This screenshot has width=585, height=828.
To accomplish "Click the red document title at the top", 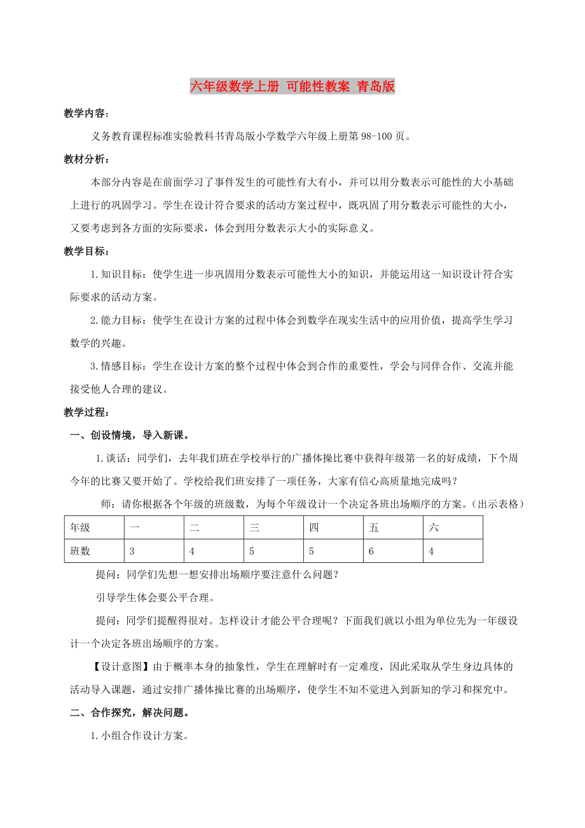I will click(x=292, y=87).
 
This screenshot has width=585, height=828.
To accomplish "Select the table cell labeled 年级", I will click(x=80, y=527).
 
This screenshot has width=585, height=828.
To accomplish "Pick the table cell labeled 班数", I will click(x=80, y=551).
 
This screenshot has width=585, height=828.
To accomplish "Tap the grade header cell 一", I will click(x=134, y=527).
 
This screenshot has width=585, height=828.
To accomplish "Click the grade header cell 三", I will click(x=254, y=527).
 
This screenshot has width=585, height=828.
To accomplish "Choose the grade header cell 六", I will click(x=434, y=527).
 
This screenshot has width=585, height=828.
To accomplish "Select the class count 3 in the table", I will click(x=132, y=551).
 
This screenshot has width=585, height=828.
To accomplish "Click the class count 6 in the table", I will click(x=371, y=551).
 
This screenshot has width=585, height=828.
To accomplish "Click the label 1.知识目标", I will click(x=119, y=275).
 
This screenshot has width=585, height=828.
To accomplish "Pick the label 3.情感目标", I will click(x=119, y=366).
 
